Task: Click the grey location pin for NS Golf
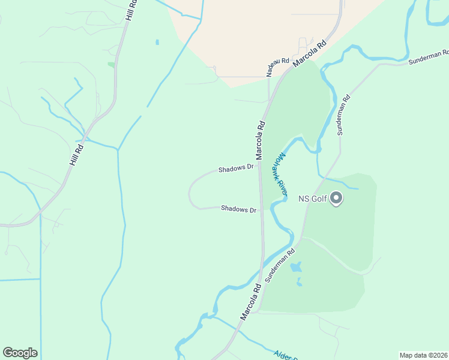[x=336, y=197]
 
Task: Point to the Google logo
[x=20, y=353]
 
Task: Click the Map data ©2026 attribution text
[x=423, y=355]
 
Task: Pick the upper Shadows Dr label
[x=236, y=169]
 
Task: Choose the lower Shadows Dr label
[x=238, y=209]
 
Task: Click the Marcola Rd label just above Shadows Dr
[x=261, y=140]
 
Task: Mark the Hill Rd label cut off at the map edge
[x=131, y=11]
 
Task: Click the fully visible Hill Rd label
[x=75, y=154]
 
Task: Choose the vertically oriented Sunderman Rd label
[x=343, y=115]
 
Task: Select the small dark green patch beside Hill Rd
[x=111, y=64]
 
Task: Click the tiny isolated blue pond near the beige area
[x=157, y=43]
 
